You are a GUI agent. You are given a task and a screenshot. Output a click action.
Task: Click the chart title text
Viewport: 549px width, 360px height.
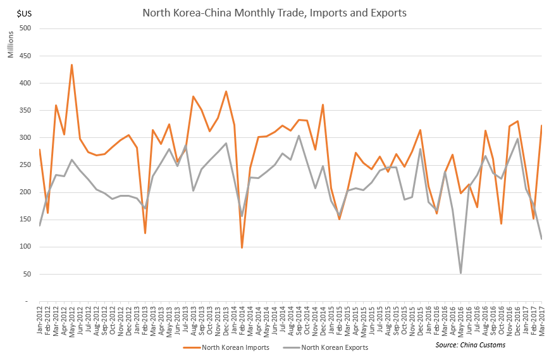pos(274,13)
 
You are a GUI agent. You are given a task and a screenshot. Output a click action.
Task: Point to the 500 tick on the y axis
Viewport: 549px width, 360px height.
pos(27,28)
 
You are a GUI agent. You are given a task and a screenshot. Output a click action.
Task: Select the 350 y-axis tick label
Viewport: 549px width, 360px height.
pos(27,111)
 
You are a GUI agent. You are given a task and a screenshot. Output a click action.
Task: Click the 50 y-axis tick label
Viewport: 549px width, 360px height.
pos(29,275)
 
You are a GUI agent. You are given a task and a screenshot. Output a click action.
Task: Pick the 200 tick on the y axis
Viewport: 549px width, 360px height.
pos(27,192)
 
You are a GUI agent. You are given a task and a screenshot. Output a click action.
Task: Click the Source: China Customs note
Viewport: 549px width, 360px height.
pos(470,345)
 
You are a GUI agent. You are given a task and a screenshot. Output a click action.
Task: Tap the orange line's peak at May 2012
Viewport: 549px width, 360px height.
pos(72,65)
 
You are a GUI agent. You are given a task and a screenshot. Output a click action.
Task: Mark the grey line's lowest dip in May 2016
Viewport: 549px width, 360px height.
pos(460,273)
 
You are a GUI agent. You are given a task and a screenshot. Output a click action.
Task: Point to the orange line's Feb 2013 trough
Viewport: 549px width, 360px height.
pos(145,233)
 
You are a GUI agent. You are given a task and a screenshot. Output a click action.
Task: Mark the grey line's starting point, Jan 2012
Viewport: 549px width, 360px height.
pos(39,225)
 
